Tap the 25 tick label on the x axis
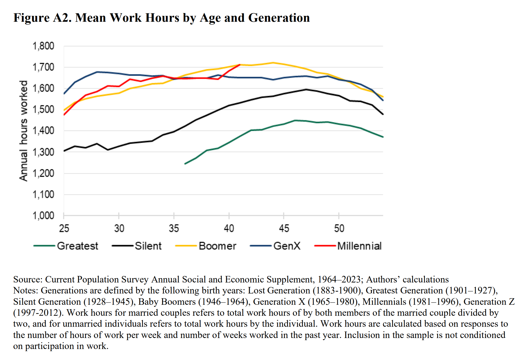(x=64, y=229)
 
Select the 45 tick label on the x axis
(x=284, y=229)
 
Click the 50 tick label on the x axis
(x=339, y=229)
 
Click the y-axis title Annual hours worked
(x=24, y=131)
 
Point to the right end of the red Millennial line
(x=240, y=64)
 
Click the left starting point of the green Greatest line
(x=185, y=164)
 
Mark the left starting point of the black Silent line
(x=64, y=151)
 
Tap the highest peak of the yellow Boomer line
(x=273, y=63)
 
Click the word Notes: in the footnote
(x=26, y=291)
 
